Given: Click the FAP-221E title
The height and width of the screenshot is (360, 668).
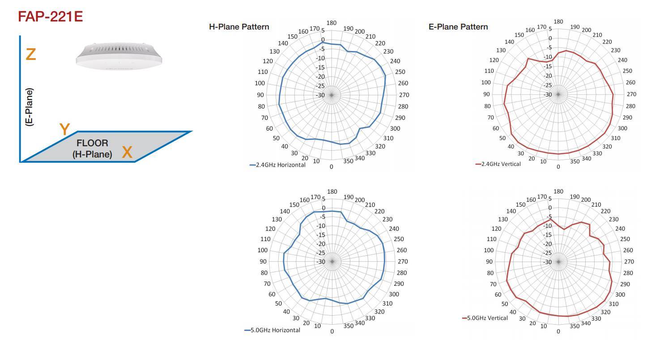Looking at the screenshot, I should tap(50, 17).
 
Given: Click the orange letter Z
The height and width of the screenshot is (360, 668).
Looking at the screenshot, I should tap(30, 55).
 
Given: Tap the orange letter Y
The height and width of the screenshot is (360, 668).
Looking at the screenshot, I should tap(65, 130).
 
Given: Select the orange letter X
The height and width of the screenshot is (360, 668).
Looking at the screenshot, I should tap(127, 152).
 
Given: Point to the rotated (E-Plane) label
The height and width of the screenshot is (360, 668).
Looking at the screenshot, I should tap(30, 107).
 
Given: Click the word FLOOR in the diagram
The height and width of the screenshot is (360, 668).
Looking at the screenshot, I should tap(92, 143).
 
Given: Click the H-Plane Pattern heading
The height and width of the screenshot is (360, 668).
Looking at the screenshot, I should tap(239, 27).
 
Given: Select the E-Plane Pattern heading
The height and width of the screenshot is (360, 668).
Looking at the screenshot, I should tap(458, 27).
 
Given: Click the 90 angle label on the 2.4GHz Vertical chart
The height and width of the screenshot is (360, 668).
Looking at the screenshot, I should tap(486, 94).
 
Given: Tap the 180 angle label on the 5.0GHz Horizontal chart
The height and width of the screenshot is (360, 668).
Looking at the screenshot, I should tap(332, 192).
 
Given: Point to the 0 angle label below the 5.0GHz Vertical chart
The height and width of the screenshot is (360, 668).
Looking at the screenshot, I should tap(558, 331).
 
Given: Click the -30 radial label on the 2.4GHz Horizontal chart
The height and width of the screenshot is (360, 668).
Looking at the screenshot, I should tap(320, 95).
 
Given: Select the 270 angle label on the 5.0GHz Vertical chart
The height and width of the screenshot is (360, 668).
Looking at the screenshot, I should tap(629, 262).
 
